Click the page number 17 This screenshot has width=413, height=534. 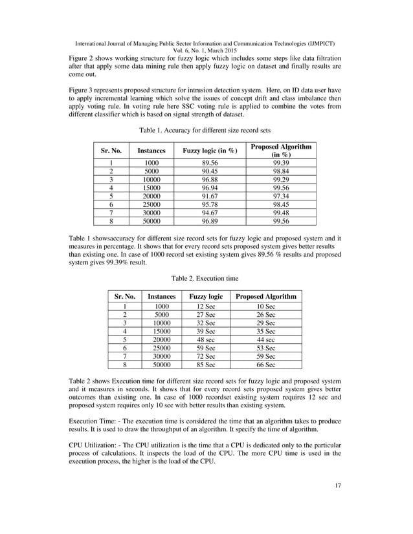pyautogui.click(x=337, y=503)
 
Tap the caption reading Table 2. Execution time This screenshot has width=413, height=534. pyautogui.click(x=205, y=278)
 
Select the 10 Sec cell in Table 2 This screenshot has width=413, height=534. pyautogui.click(x=266, y=306)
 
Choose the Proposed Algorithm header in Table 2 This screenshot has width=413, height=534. pyautogui.click(x=266, y=296)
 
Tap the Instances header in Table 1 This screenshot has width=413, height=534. pyautogui.click(x=151, y=151)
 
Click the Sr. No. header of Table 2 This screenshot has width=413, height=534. pyautogui.click(x=124, y=296)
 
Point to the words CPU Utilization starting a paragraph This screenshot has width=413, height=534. pyautogui.click(x=95, y=447)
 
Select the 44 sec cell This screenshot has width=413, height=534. pyautogui.click(x=266, y=339)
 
